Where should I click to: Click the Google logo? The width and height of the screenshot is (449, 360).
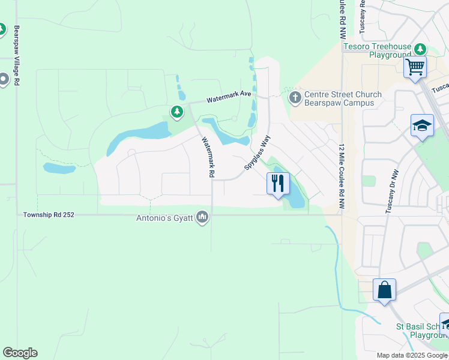click(x=20, y=353)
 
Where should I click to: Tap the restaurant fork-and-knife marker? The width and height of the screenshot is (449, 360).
click(x=278, y=183)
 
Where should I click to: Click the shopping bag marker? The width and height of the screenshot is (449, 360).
click(x=384, y=290)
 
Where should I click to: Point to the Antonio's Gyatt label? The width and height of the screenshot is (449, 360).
click(x=165, y=217)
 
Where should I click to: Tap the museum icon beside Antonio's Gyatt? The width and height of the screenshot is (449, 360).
click(x=202, y=217)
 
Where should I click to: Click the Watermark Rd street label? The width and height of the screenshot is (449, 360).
click(x=208, y=158)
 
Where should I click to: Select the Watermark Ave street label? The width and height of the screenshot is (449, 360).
click(x=229, y=100)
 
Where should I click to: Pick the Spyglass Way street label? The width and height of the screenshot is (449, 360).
click(x=258, y=152)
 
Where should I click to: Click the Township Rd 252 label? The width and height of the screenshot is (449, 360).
click(x=49, y=214)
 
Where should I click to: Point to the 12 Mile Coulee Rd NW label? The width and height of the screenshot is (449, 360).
click(x=342, y=176)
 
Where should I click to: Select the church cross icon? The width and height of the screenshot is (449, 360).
click(x=294, y=97)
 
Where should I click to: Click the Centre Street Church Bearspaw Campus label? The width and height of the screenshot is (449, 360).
click(x=343, y=98)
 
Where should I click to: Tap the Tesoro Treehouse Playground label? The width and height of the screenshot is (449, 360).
click(x=377, y=50)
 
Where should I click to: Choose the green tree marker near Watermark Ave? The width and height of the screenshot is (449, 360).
click(x=176, y=111)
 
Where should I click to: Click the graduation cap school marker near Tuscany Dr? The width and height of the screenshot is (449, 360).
click(x=423, y=126)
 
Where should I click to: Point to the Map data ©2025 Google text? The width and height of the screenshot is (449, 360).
click(x=412, y=355)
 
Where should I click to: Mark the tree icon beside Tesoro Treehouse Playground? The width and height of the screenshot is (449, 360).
click(x=421, y=47)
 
